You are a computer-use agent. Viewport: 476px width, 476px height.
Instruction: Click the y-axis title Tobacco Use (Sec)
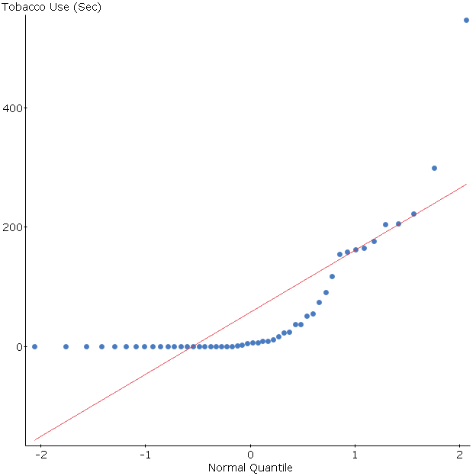[51, 8]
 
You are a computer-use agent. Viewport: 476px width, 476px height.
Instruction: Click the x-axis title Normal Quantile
[250, 467]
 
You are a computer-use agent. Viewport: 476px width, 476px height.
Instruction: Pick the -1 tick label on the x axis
[144, 455]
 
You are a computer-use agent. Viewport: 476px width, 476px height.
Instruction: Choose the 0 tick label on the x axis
[250, 455]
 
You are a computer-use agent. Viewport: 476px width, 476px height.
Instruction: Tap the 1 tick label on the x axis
[355, 455]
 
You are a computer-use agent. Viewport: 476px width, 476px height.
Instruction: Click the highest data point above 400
[466, 20]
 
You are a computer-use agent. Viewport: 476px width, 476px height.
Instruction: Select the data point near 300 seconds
[434, 168]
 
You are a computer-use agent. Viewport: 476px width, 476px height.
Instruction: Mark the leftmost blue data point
[34, 346]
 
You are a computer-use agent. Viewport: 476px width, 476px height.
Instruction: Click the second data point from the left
[66, 346]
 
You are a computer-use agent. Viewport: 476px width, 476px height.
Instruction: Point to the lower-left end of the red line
[34, 440]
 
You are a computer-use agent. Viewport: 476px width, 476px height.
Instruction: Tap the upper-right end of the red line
[466, 184]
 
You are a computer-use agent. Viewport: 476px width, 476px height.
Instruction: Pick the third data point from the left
[86, 346]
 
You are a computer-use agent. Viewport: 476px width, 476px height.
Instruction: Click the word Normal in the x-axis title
[227, 467]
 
